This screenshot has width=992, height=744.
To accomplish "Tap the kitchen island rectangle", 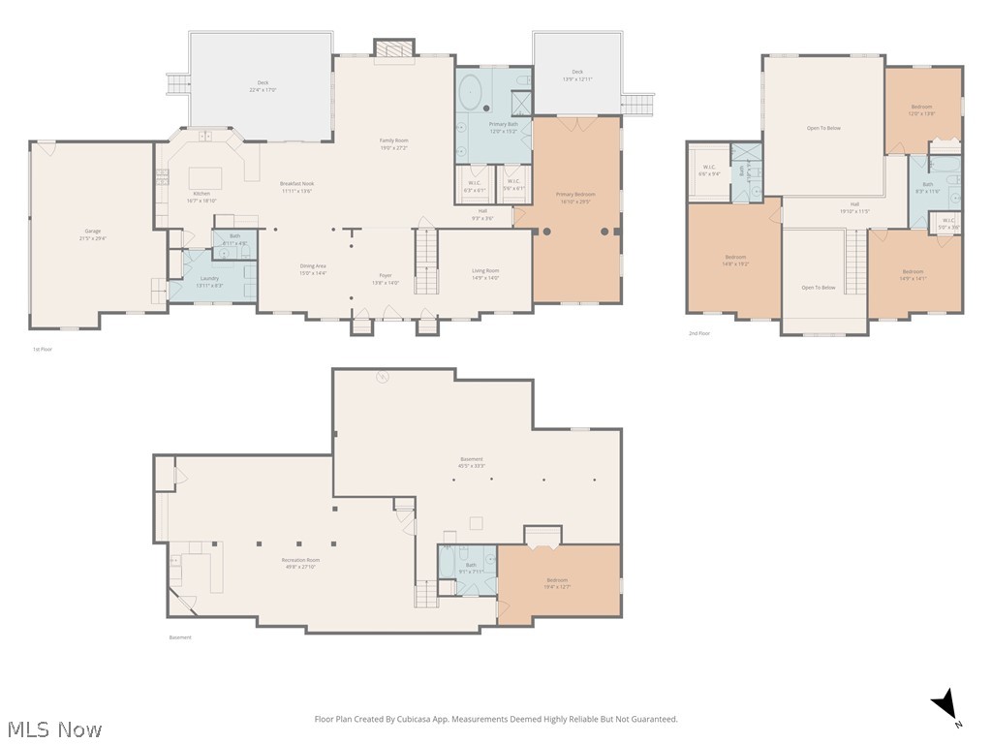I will click(x=204, y=178).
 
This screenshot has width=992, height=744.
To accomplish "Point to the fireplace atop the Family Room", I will click(x=394, y=50).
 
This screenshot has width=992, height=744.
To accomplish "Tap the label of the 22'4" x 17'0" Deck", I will click(x=263, y=85).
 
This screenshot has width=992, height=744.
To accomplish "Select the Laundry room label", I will click(x=209, y=281).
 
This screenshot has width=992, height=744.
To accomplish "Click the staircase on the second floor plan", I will click(x=854, y=262).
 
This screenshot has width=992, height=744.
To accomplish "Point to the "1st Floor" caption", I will click(x=43, y=349).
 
